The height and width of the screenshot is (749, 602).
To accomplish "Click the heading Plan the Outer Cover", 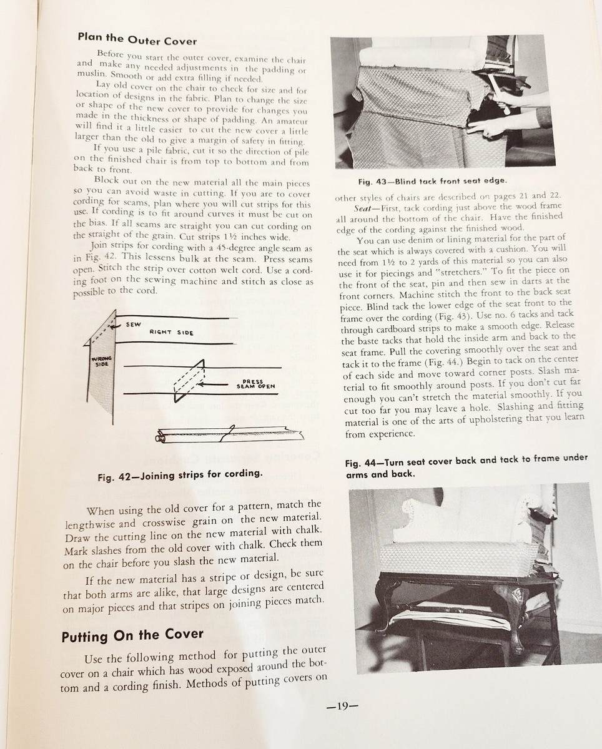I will point(137,39).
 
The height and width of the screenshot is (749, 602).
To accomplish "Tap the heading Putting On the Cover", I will point(132,636).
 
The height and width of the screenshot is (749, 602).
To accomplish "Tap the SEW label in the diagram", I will point(133,325).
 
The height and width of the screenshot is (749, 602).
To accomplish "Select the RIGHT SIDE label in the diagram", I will point(171,333).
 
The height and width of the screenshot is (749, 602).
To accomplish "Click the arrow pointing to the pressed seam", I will point(219,384).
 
